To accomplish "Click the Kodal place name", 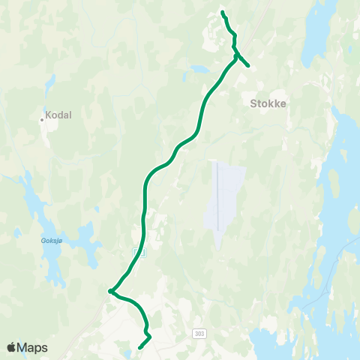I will click(59, 116).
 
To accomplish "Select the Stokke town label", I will click(268, 105).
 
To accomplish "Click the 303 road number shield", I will click(198, 331).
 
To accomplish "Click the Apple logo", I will click(11, 347).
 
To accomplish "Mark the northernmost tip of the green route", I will click(223, 12).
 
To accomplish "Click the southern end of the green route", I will click(140, 348).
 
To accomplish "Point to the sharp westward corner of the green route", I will click(109, 291).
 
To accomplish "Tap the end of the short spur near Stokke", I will click(248, 67).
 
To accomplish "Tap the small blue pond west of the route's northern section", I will click(199, 69).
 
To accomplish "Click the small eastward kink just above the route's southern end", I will click(149, 335).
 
